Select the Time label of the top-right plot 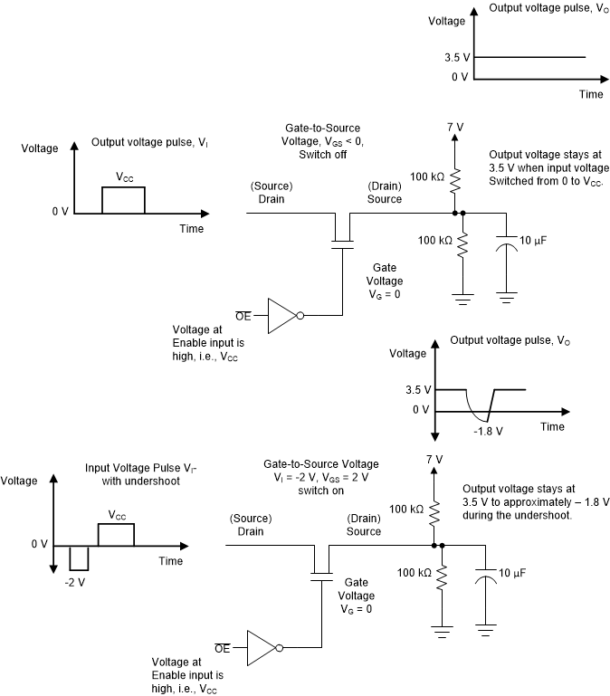[x=590, y=93]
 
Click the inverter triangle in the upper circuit [x=284, y=315]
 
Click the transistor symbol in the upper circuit [x=342, y=227]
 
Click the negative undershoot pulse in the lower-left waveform [x=77, y=557]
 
